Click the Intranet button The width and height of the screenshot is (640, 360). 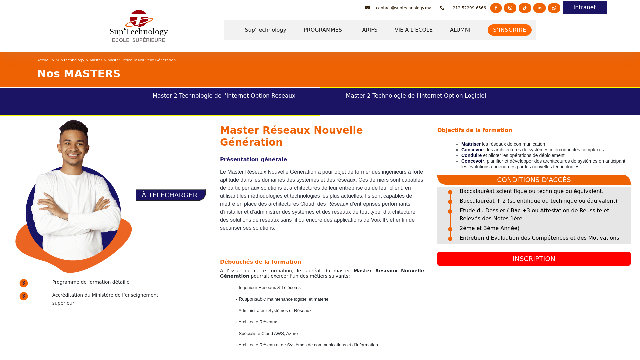coord(584,8)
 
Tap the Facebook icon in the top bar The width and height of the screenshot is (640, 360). coord(496,8)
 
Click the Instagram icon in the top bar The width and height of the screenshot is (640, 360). coord(510,8)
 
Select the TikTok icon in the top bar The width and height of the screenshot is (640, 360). coord(525,8)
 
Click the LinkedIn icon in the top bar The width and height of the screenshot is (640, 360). coord(539,8)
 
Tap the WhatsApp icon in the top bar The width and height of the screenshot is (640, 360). coord(554,8)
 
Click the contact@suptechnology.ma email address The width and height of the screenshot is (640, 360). coord(403,8)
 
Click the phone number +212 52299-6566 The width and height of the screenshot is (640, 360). coord(467,8)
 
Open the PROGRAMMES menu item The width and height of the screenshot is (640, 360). coord(323,30)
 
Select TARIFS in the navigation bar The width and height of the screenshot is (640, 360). coord(368,30)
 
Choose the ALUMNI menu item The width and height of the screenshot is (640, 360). coord(460,30)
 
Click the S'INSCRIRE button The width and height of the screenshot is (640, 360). coord(509,30)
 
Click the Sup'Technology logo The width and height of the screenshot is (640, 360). coord(139,26)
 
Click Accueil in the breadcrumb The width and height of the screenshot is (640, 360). coord(44,60)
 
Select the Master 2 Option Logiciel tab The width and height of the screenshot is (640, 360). coord(416,96)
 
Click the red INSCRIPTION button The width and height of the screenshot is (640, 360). coord(534,259)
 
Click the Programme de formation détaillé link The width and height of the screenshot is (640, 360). coord(91,282)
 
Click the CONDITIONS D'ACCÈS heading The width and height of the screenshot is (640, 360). coord(534,180)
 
